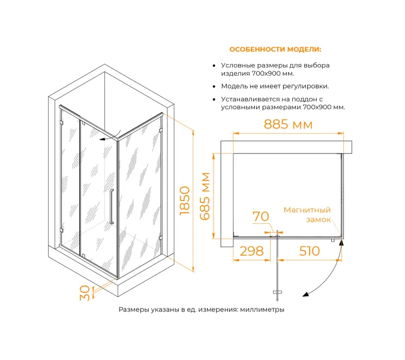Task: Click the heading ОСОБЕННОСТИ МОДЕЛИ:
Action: (275, 49)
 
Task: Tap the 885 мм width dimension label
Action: (288, 124)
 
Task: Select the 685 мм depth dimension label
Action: (205, 196)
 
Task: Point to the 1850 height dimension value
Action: (185, 200)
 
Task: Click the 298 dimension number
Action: (251, 251)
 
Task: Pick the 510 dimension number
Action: (310, 251)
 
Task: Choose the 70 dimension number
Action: (260, 217)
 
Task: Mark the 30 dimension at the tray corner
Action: (85, 293)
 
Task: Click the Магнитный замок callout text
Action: (307, 215)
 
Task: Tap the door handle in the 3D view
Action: (112, 206)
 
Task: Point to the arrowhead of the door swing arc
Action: (306, 295)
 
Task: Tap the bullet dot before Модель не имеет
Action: (214, 86)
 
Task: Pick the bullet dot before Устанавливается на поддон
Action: (214, 100)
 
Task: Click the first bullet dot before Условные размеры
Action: (214, 66)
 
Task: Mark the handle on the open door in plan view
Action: (277, 292)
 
